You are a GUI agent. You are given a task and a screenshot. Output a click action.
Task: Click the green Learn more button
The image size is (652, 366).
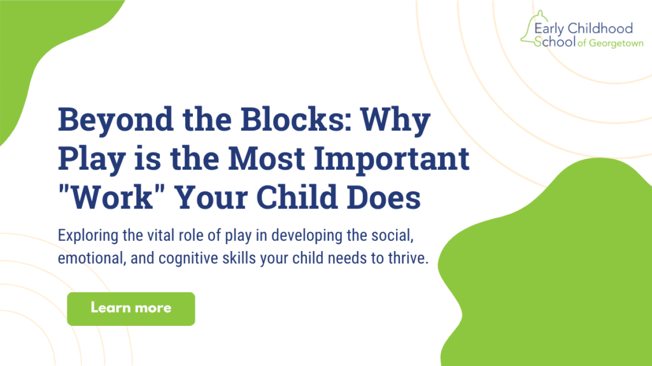[131, 309]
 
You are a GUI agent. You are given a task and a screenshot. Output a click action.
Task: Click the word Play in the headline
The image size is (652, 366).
[92, 159]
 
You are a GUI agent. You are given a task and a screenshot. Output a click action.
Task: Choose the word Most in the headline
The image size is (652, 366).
[267, 158]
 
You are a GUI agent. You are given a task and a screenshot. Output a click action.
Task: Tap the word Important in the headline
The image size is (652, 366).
[392, 159]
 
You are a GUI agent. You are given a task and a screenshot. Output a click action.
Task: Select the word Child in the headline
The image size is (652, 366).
[297, 197]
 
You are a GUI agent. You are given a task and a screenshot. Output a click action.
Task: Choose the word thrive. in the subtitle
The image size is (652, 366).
[408, 258]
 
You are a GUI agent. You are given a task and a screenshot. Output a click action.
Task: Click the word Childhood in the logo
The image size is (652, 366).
[600, 28]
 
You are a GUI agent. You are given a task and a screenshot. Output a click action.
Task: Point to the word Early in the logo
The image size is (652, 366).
[549, 29]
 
